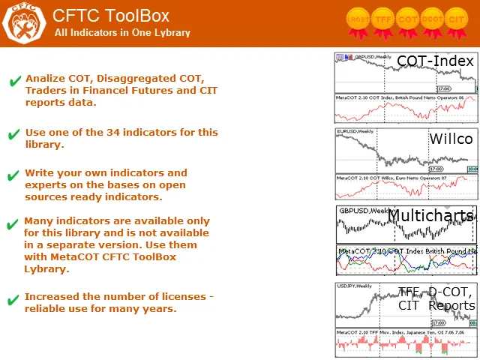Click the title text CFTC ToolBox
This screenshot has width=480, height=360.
click(x=111, y=16)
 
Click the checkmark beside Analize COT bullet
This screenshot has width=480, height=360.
click(x=14, y=82)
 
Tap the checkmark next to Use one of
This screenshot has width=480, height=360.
click(x=13, y=135)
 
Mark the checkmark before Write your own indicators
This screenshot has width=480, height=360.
click(x=13, y=176)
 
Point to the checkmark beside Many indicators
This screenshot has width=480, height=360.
click(x=13, y=224)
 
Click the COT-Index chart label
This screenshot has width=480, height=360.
click(x=435, y=61)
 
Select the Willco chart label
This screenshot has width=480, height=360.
click(x=451, y=139)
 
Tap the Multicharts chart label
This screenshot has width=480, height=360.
click(x=430, y=216)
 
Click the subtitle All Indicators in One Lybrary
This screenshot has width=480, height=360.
click(x=122, y=33)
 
